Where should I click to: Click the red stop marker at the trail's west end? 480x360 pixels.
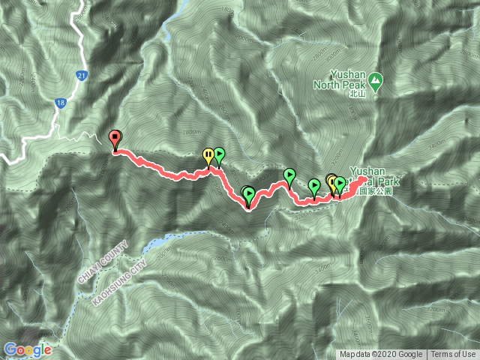pos(115,139)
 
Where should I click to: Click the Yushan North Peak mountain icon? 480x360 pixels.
pos(376,79)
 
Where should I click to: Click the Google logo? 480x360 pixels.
pos(28,349)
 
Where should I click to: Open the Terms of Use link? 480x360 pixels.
pos(453,355)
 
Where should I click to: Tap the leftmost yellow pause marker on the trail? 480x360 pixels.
pos(208,155)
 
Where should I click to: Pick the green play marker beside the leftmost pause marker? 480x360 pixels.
pos(219,155)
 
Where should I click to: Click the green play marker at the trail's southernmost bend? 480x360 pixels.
pos(249,196)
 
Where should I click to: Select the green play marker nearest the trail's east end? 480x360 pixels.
pos(340,183)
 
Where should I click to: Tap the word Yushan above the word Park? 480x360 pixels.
pos(367,171)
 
